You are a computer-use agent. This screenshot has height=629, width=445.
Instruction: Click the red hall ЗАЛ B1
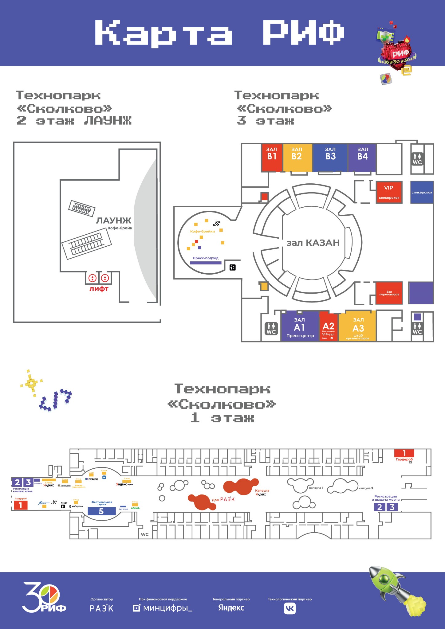(x=272, y=157)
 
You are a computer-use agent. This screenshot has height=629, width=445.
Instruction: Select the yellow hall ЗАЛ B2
(x=297, y=157)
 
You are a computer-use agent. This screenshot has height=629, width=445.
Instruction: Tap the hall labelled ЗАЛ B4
(x=362, y=157)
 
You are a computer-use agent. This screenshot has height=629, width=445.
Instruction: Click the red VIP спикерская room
(x=389, y=192)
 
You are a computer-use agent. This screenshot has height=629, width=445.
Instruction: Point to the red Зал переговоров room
(x=389, y=293)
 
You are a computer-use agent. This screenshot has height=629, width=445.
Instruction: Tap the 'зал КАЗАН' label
(x=313, y=243)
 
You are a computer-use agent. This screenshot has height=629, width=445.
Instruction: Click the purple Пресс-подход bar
(x=206, y=263)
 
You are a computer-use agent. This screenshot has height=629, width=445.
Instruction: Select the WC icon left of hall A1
(x=271, y=329)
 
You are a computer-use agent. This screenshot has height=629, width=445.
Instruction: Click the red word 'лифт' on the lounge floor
(x=99, y=289)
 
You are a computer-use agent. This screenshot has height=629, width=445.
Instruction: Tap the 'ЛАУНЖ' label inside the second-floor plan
(x=114, y=221)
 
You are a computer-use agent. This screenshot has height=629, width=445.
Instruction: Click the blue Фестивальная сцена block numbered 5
(x=101, y=511)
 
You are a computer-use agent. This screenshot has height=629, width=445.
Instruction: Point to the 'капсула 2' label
(x=366, y=488)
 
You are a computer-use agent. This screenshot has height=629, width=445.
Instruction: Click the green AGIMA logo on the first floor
(x=135, y=508)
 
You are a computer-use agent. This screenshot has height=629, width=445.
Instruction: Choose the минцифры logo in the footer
(x=163, y=608)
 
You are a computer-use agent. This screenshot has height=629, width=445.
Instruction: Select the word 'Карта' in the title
(x=163, y=33)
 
